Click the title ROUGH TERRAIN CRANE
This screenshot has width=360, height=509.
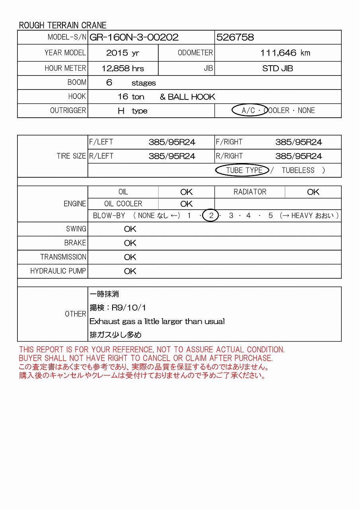tap(63, 25)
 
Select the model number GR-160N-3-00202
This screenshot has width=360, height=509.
tap(134, 37)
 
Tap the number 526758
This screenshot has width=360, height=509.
tap(235, 37)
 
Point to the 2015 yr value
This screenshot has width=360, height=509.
tap(123, 53)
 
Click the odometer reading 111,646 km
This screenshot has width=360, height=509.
tap(285, 53)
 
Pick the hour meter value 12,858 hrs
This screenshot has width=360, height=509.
tap(123, 68)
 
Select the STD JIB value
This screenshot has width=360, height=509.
tap(278, 68)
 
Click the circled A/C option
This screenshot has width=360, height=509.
tap(249, 111)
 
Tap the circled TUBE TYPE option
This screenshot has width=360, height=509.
tap(243, 170)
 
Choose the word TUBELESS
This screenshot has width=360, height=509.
tap(298, 170)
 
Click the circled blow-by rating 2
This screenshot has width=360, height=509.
tap(211, 216)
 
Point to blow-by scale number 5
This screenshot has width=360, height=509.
tap(270, 216)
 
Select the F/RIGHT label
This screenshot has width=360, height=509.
tap(229, 142)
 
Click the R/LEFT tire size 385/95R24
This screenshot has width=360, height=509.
tap(172, 156)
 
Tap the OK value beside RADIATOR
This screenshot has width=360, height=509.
tap(313, 192)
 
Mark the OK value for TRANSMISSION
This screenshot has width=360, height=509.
tap(130, 257)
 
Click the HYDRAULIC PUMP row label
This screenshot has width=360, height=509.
tap(58, 271)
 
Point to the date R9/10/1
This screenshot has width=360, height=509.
tap(129, 308)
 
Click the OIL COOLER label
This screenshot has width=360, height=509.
tap(123, 204)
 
